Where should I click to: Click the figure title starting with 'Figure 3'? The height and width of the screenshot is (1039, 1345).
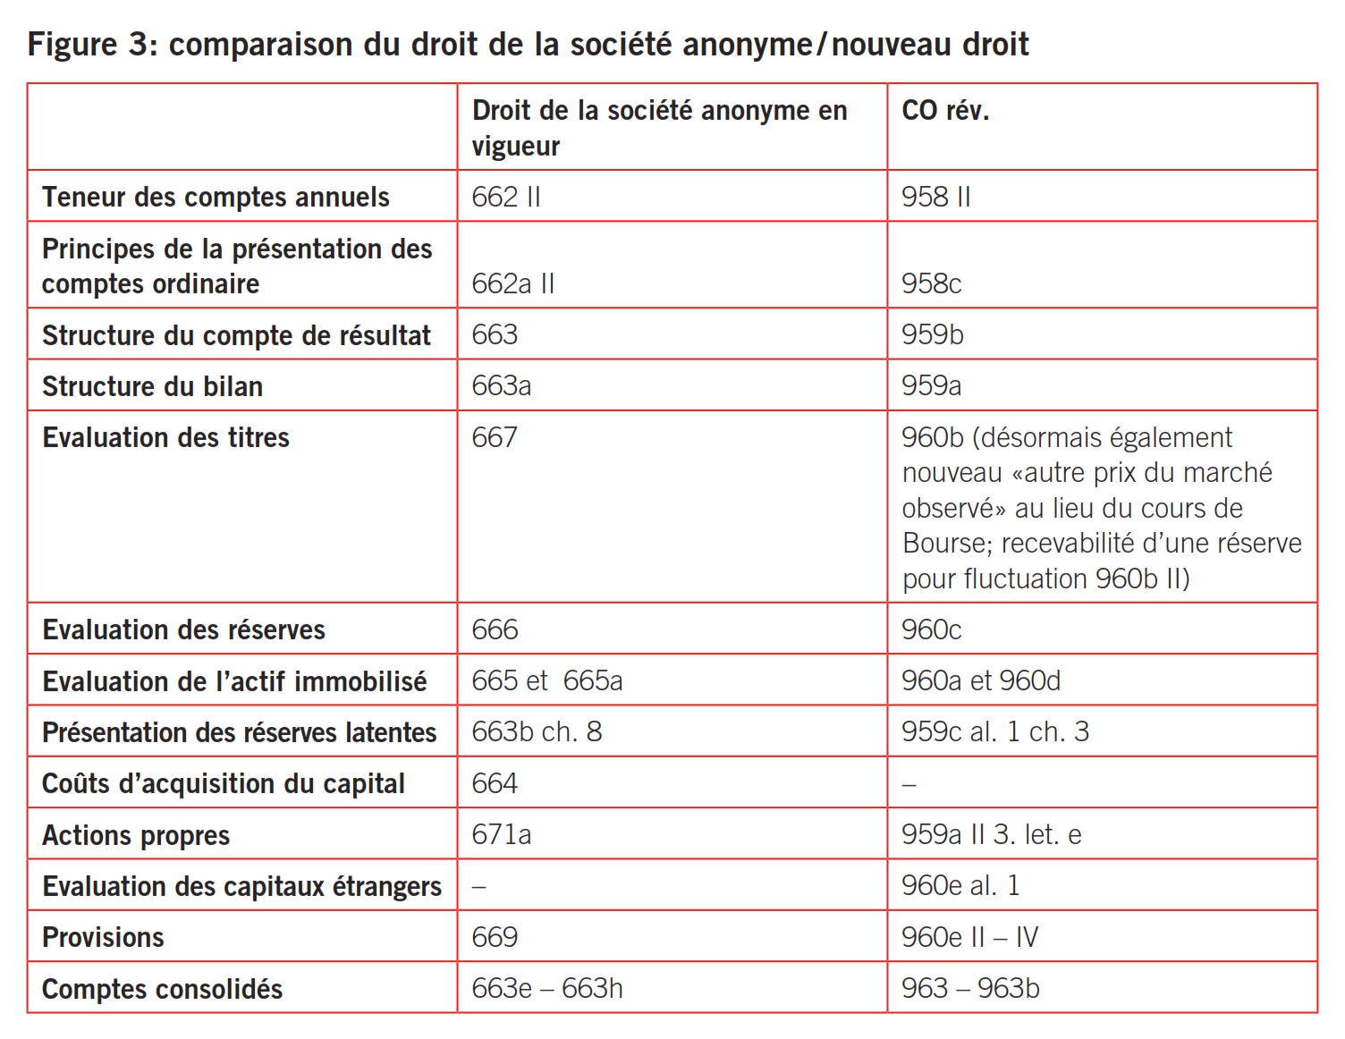click(528, 44)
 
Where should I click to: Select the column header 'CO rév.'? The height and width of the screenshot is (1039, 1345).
click(945, 111)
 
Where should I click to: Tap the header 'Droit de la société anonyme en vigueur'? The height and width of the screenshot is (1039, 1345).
click(659, 128)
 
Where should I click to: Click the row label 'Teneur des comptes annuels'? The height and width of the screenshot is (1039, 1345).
click(216, 197)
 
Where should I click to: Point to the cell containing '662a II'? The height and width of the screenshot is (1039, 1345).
click(513, 283)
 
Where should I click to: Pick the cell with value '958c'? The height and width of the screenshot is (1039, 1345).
click(931, 283)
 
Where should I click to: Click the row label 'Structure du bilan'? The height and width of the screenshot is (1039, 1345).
click(152, 386)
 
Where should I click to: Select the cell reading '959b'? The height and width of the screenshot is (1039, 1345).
click(933, 334)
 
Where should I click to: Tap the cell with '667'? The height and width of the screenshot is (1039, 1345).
click(495, 437)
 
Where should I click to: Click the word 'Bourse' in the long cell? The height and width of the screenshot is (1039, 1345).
click(947, 543)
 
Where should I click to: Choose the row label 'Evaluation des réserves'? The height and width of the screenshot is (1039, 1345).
click(183, 629)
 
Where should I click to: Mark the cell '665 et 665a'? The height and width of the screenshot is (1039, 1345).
click(546, 680)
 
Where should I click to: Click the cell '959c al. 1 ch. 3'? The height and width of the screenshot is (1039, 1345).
click(994, 731)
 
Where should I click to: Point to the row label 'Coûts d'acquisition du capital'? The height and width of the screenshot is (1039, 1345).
click(223, 783)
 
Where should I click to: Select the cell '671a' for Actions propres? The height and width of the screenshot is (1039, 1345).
click(501, 834)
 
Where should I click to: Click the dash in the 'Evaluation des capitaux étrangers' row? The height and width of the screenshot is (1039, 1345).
click(478, 886)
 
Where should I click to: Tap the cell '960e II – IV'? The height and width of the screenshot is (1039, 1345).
click(969, 937)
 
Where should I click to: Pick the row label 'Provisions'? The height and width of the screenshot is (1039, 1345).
click(103, 937)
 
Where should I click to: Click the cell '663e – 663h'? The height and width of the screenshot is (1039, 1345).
click(546, 988)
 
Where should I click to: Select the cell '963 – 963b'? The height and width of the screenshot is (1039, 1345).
click(970, 988)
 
